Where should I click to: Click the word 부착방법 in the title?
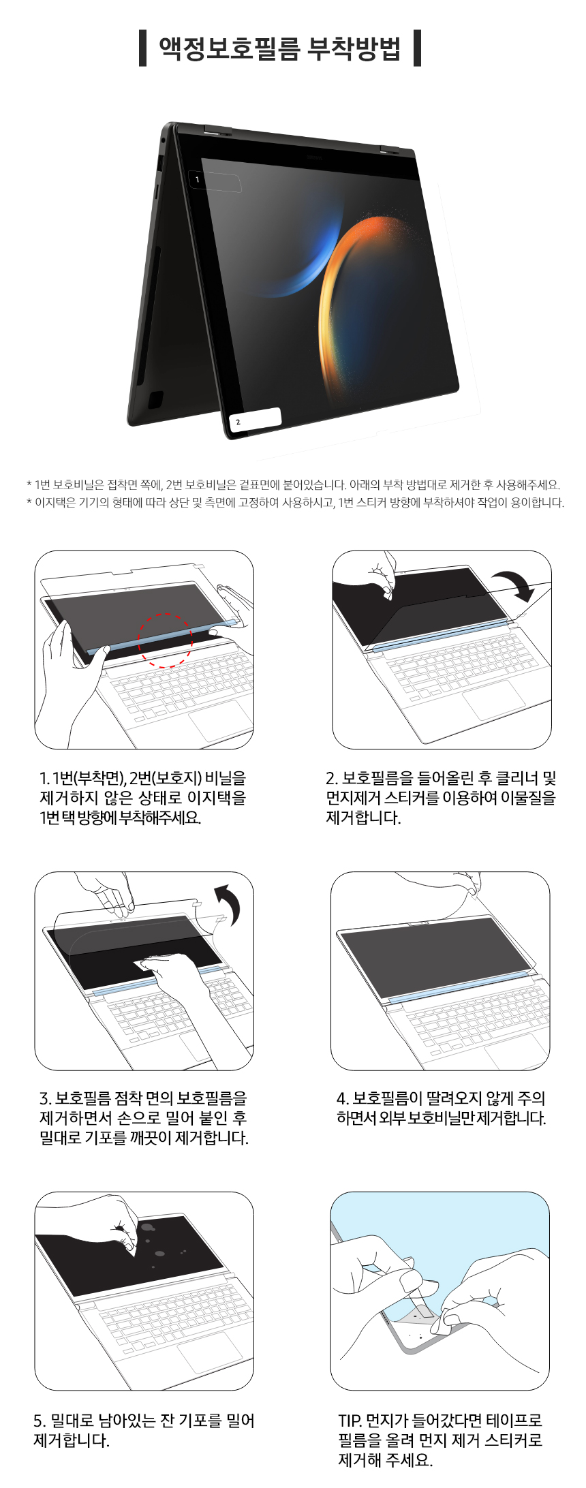pos(354,48)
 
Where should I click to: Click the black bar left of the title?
pos(142,48)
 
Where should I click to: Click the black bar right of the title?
pos(417,48)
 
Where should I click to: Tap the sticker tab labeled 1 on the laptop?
pos(214,181)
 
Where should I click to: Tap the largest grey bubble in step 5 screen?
pos(148,1227)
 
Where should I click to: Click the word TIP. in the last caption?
pos(350,1421)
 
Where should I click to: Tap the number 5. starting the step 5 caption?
pos(40,1421)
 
